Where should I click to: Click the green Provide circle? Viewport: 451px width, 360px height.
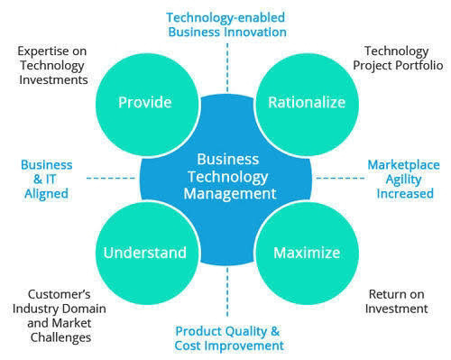click(144, 102)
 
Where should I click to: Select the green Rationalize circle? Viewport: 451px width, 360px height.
click(306, 102)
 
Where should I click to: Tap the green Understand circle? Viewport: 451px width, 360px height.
click(144, 251)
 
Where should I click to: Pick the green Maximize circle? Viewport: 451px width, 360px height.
click(306, 251)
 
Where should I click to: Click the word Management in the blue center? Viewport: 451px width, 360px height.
click(225, 192)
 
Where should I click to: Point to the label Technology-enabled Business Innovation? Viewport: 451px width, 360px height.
click(226, 23)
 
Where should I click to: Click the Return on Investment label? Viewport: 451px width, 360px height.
click(397, 301)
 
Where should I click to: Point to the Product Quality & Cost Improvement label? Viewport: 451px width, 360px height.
click(228, 337)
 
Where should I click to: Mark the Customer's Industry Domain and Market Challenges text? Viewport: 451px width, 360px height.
click(59, 316)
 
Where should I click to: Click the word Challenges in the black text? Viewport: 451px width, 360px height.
click(59, 337)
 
